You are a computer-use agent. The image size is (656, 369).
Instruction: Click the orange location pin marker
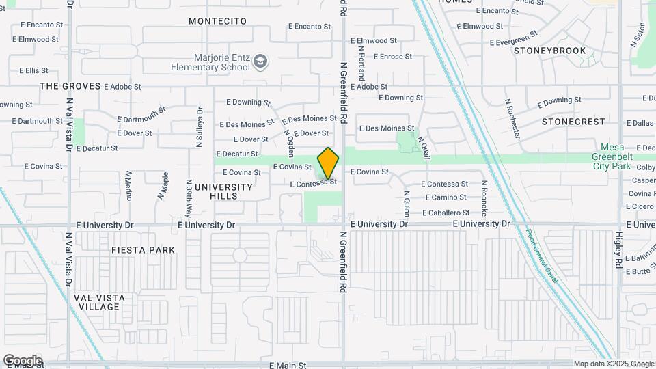(329, 163)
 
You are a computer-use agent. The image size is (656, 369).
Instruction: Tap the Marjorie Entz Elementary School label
(212, 62)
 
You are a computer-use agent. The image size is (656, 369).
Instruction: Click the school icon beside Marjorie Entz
(260, 63)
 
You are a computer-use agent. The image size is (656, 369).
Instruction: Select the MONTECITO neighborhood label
(217, 21)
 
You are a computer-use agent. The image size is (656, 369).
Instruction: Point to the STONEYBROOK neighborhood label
(549, 51)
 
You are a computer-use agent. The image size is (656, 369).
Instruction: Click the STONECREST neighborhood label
(573, 122)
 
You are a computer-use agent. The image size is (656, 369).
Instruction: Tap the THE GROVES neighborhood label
(70, 86)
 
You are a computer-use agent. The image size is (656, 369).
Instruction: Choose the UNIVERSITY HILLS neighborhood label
(223, 191)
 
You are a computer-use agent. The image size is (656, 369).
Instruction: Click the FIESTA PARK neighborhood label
(143, 250)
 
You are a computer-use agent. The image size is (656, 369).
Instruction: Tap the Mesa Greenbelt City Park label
(622, 156)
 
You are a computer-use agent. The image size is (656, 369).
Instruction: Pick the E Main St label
(288, 366)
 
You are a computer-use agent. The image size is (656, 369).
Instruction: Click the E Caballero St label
(445, 213)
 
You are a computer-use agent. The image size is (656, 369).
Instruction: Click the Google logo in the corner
(23, 361)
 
